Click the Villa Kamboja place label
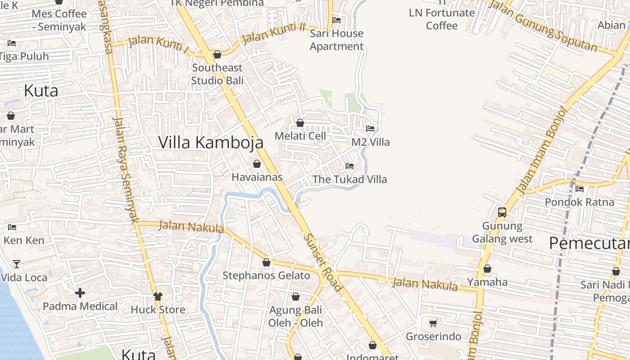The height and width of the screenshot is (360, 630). point(211,142)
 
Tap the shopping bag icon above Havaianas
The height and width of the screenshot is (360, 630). point(257,164)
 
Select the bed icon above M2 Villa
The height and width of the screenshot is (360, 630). point(370,129)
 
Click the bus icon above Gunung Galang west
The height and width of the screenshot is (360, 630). point(502,212)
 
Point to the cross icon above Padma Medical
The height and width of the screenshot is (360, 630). point(80,293)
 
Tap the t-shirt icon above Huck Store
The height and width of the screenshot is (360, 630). point(157,296)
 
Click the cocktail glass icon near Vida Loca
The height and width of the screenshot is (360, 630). point(17,264)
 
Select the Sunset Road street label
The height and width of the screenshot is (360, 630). point(323,262)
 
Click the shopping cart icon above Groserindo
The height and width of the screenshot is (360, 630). point(433,323)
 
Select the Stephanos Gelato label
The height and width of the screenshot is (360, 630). point(266,275)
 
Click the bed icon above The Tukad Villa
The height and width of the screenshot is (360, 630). point(350,166)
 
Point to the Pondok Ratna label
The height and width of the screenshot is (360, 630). point(580,202)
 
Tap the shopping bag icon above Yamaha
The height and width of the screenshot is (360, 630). point(487,269)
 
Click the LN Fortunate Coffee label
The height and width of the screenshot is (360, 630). point(441,19)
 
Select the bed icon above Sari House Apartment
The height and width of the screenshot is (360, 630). point(336,20)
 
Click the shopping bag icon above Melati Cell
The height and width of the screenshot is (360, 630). point(300,123)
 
